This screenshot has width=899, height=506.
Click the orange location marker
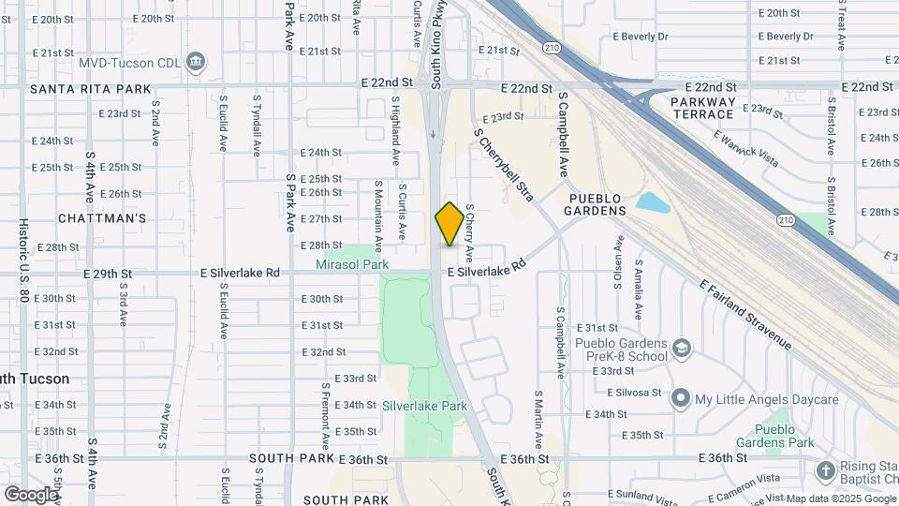(449, 224)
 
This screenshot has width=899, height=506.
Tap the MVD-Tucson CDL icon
(196, 63)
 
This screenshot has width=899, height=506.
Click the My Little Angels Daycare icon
(680, 399)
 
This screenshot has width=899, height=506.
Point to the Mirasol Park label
(352, 265)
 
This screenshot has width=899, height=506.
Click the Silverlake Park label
(424, 407)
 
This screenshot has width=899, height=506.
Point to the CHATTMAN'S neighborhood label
(102, 218)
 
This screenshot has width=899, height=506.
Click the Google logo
(30, 494)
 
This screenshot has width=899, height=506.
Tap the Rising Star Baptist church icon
(825, 469)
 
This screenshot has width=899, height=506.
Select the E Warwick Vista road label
(745, 148)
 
